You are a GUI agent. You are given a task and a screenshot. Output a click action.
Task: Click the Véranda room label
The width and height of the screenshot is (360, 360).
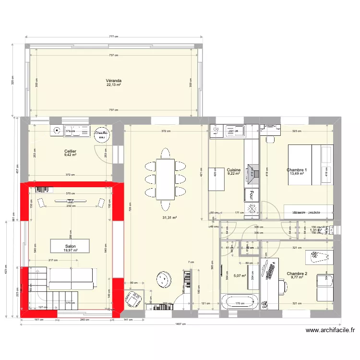pos(114,81)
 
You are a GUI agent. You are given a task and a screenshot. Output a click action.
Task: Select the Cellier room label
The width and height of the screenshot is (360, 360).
pos(70,151)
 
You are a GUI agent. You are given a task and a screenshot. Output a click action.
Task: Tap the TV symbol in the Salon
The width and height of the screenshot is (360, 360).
pos(71,201)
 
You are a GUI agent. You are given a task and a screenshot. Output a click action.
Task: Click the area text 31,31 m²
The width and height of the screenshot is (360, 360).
pos(169,217)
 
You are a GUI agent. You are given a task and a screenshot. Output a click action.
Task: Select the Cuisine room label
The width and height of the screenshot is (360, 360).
pos(234,170)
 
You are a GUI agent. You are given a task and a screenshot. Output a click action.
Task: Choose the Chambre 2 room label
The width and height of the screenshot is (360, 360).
pos(297,274)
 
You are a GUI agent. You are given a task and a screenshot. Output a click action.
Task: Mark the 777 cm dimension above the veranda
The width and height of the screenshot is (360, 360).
pos(113,36)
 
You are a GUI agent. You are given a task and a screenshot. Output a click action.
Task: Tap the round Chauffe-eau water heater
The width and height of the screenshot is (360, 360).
pos(101,135)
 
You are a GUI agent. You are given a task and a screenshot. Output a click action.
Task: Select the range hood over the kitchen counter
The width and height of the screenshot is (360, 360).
pos(252,170)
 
